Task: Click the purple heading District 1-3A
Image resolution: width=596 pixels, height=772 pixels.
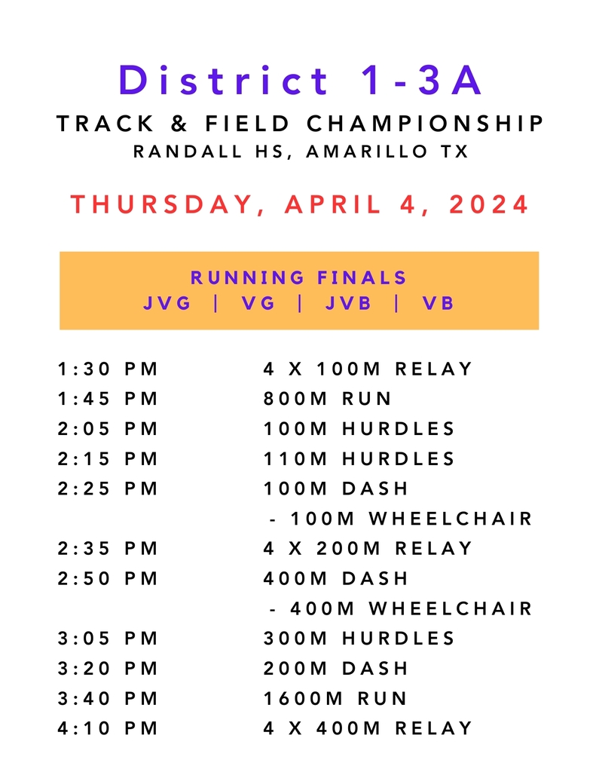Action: [300, 80]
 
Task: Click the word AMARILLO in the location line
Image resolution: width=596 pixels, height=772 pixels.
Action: [367, 151]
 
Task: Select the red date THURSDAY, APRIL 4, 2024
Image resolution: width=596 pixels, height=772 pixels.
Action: [300, 204]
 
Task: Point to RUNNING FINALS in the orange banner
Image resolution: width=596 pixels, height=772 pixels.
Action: [298, 277]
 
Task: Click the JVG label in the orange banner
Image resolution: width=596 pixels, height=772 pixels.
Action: [167, 303]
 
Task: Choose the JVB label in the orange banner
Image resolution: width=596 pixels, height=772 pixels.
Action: [348, 303]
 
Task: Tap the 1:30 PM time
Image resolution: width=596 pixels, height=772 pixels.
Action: [107, 369]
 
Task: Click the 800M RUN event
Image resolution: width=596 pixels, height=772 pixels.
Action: [327, 398]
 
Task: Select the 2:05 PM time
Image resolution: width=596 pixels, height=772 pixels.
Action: [107, 429]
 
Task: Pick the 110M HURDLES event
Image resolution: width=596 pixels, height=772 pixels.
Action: [359, 459]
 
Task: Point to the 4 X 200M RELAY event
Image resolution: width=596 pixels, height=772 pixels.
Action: [368, 549]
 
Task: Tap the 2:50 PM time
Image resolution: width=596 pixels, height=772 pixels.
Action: [107, 578]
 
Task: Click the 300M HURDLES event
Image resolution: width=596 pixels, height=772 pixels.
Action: [359, 639]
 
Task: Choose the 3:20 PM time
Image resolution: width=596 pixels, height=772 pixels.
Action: [107, 669]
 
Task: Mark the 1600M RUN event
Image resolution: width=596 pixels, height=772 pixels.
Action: [335, 699]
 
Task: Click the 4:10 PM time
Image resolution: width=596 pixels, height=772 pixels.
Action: [107, 729]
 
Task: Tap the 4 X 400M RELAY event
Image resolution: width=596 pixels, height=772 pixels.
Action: [368, 729]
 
